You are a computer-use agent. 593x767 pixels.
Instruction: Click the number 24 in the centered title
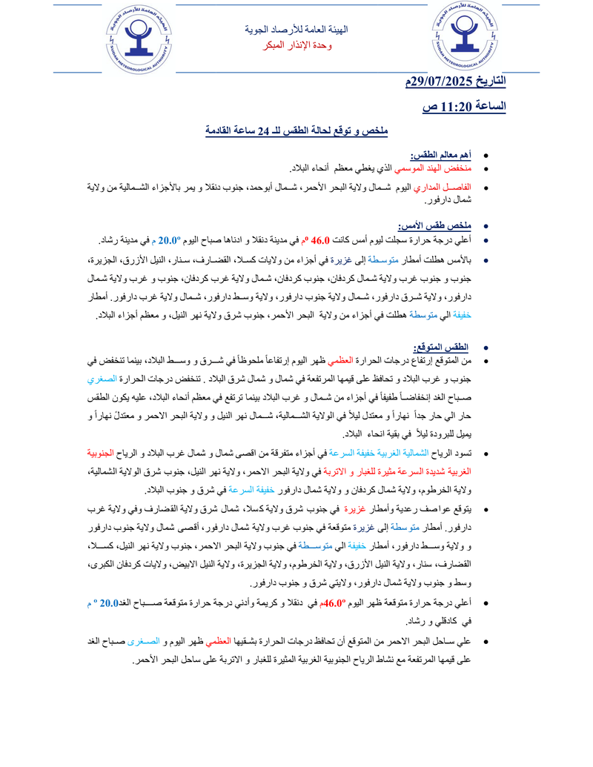tap(261, 131)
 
